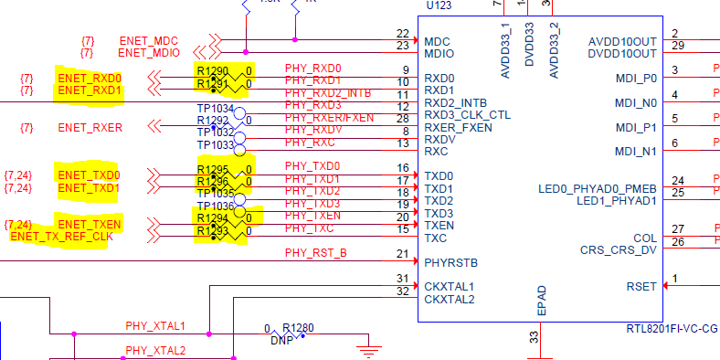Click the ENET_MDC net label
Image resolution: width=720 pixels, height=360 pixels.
click(149, 40)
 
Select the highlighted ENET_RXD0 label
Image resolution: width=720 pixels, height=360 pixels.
click(90, 78)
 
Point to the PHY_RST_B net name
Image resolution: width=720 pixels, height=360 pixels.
click(315, 252)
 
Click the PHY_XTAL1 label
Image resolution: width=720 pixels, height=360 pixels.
click(155, 325)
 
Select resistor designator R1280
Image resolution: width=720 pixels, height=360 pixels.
click(298, 328)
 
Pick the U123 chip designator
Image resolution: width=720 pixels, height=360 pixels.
click(442, 5)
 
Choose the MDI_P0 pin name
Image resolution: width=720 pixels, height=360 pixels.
click(636, 79)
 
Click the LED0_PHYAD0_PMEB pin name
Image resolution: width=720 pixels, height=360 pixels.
click(598, 188)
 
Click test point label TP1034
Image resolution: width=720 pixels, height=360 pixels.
click(216, 109)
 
